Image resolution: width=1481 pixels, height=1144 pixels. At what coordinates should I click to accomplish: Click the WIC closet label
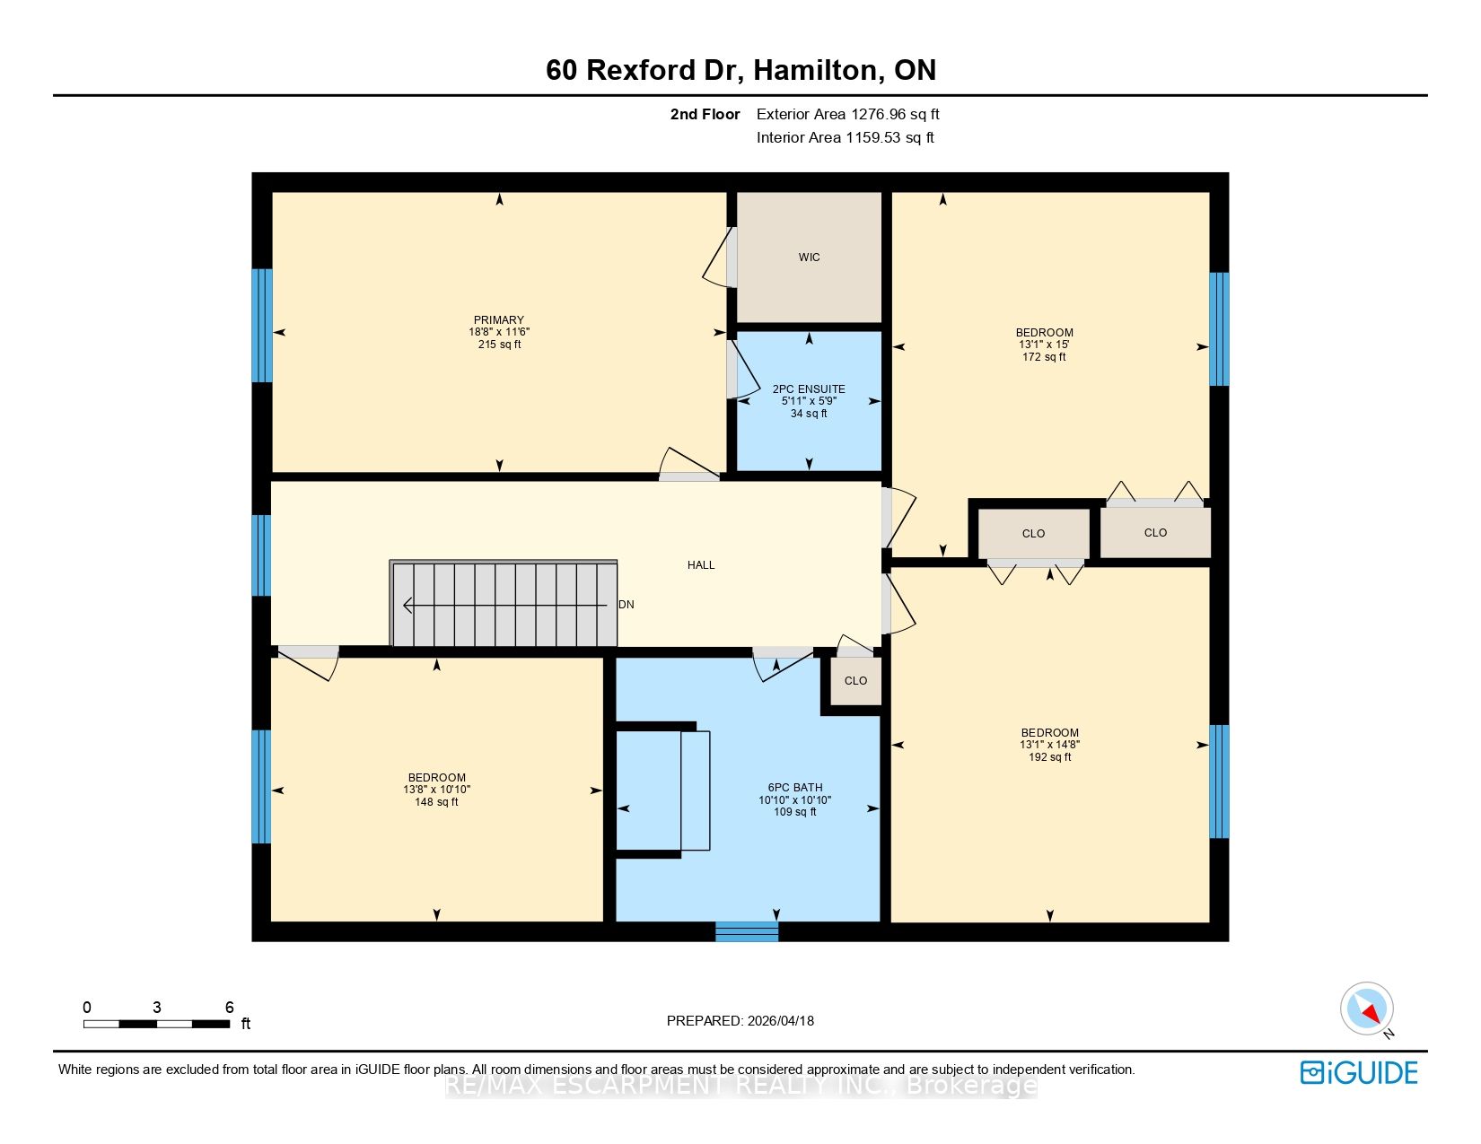point(809,257)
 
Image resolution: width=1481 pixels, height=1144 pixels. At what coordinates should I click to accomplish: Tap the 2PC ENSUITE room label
point(809,389)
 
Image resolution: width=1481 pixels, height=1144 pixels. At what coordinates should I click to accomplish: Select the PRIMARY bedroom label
point(499,319)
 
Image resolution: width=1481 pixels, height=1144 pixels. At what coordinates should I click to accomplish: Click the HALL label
point(701,565)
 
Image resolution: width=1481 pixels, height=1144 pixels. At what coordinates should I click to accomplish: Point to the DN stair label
point(626,605)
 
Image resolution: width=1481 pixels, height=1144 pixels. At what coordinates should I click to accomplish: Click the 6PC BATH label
point(794,787)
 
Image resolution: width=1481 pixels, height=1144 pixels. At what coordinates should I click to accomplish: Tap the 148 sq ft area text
point(436,802)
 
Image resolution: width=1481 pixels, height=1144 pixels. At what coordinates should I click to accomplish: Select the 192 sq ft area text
point(1049,757)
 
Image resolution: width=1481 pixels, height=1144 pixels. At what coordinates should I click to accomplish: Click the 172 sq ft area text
point(1044,357)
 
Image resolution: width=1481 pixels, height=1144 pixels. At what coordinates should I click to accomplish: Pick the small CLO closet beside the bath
point(855,681)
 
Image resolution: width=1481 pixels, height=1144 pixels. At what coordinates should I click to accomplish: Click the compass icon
point(1366,1009)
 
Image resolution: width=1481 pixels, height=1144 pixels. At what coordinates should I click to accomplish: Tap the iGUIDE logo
point(1358,1072)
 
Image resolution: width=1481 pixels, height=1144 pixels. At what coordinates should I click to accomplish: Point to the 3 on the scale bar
point(157,1007)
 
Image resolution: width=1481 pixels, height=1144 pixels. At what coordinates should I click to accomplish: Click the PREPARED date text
point(740,1021)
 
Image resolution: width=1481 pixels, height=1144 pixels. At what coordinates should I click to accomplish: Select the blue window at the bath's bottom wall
point(746,931)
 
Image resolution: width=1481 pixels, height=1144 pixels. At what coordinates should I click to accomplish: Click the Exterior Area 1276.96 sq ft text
point(848,115)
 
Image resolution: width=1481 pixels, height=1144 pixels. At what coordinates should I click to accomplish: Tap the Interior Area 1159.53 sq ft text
point(846,137)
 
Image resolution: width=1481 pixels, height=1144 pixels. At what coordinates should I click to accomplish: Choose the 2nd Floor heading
point(705,115)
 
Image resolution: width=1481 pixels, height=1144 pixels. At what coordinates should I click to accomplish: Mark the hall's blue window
point(262,555)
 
